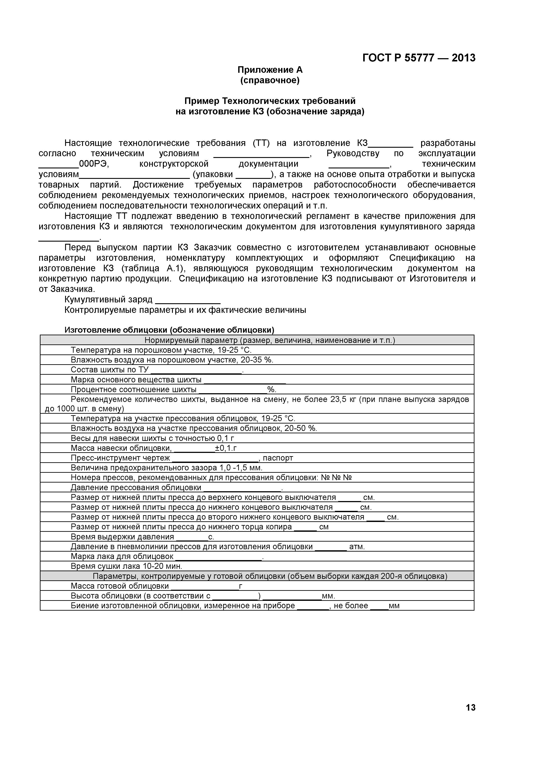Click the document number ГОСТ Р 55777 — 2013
419,58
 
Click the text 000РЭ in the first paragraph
94,164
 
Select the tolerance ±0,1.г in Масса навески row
226,448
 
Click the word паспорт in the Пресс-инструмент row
278,458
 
